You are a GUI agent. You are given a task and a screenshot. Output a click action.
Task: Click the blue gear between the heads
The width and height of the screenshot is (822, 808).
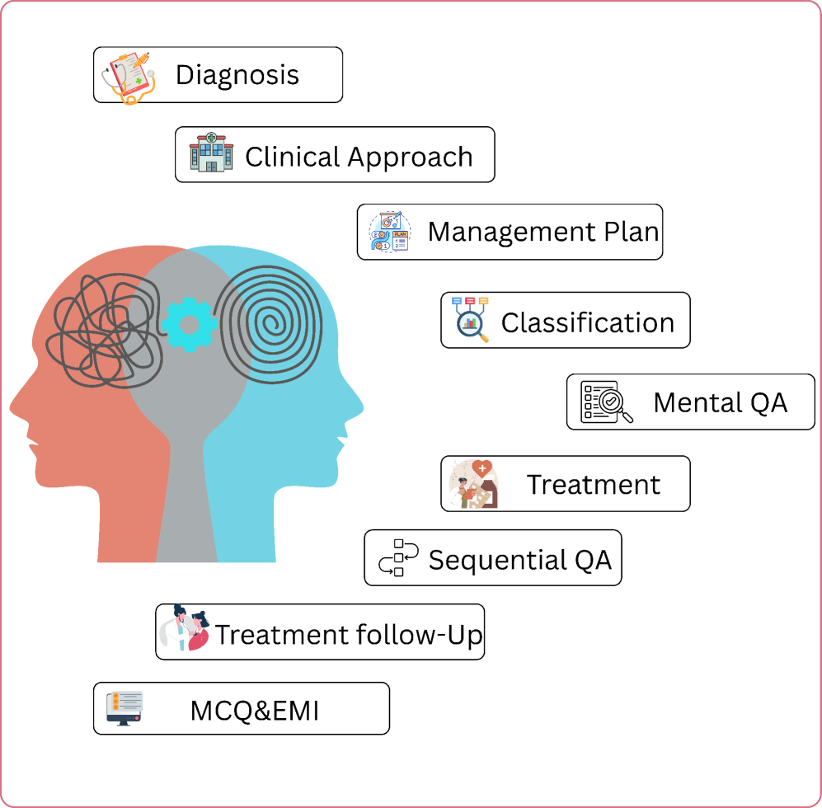(x=190, y=324)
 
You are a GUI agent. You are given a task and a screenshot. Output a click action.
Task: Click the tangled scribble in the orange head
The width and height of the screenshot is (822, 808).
(x=103, y=330)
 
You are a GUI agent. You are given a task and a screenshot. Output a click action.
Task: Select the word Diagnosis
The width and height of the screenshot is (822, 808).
(x=237, y=75)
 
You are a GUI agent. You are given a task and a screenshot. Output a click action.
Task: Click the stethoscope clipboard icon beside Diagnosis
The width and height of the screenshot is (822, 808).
(x=129, y=75)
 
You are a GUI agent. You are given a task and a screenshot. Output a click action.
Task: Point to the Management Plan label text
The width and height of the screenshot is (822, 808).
(x=543, y=232)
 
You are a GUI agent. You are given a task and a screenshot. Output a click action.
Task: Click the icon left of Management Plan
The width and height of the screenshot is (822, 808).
(x=389, y=232)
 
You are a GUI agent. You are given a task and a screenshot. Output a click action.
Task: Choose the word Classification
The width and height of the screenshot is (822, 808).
(x=588, y=322)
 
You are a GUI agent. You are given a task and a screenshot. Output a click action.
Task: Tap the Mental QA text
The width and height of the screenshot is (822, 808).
(x=720, y=402)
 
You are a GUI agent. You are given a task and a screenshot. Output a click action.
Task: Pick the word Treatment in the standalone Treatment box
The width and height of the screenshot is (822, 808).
(x=594, y=484)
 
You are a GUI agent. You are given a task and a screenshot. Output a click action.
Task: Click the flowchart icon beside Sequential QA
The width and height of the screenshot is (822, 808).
(x=398, y=557)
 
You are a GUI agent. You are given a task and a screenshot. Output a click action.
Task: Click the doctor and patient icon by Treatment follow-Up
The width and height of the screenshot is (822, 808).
(x=185, y=631)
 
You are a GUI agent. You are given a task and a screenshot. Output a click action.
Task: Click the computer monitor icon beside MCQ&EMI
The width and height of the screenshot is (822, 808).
(x=124, y=708)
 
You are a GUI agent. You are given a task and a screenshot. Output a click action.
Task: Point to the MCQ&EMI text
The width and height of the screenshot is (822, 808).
(x=254, y=710)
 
